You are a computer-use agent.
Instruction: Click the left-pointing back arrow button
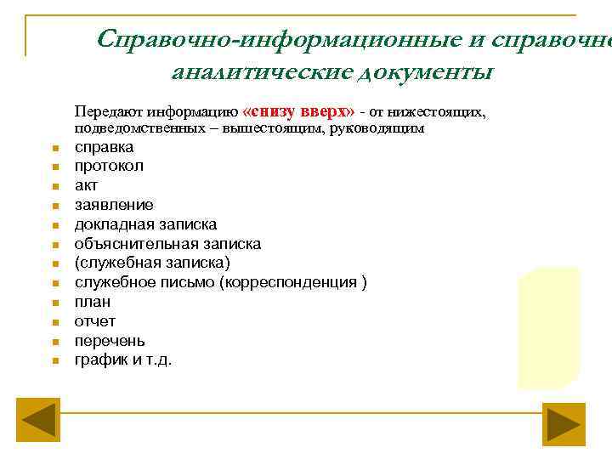coord(38,422)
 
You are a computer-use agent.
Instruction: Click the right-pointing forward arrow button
coord(565,422)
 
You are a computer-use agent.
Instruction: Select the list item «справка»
coord(104,147)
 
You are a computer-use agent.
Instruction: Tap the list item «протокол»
coord(109,166)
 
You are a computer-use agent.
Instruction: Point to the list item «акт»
coord(87,185)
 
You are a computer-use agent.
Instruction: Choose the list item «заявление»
coord(114,205)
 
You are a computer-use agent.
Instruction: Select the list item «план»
coord(93,302)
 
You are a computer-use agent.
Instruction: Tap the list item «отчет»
coord(95,321)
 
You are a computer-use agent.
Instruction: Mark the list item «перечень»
coord(110,341)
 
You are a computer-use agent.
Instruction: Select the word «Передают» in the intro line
coord(108,112)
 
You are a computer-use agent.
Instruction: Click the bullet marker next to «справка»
coord(53,148)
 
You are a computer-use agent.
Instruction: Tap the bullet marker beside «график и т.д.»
coord(53,361)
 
